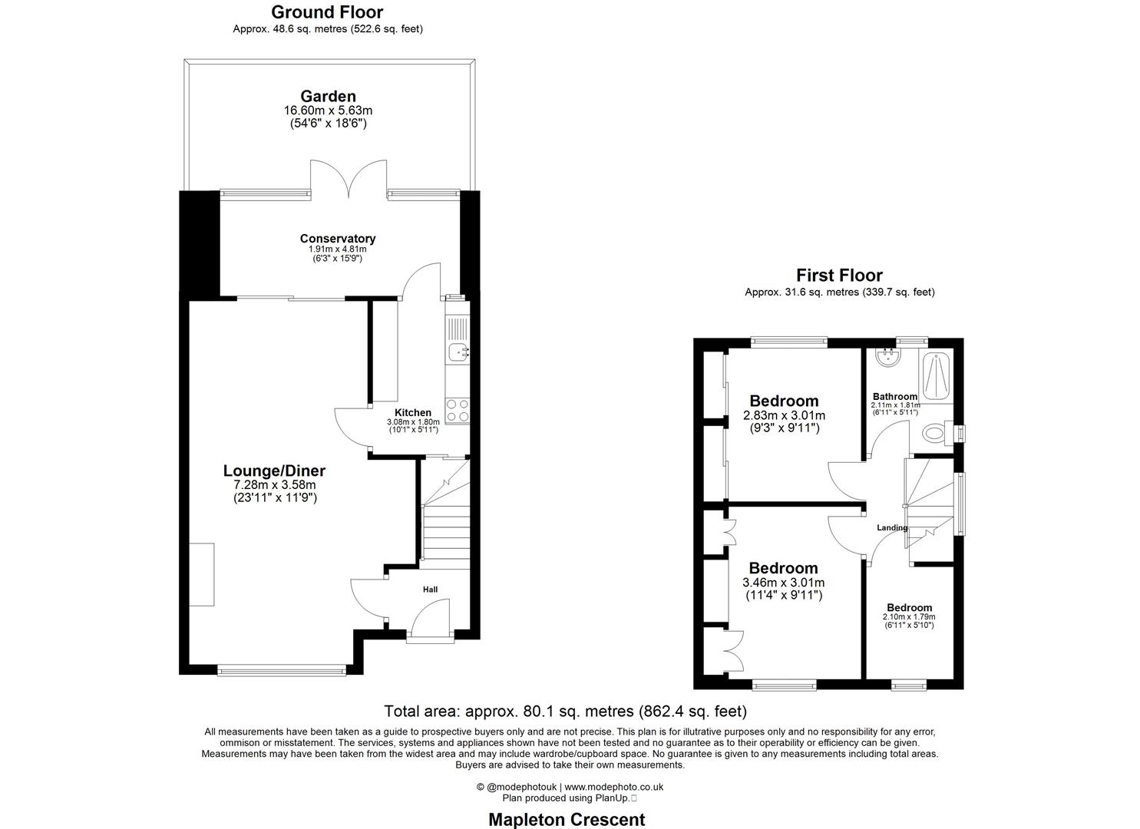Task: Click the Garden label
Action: point(328,96)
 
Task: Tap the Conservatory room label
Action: point(337,239)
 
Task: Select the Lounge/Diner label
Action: point(274,471)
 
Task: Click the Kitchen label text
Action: point(412,413)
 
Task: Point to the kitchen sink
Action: point(459,353)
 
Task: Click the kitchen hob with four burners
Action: point(458,410)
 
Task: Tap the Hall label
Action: point(430,590)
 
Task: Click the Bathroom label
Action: point(894,397)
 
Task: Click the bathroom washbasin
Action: point(888,358)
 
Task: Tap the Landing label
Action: point(892,527)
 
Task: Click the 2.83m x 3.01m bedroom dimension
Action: point(784,415)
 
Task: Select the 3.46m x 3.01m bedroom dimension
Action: point(783,583)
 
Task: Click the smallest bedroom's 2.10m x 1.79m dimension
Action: point(909,616)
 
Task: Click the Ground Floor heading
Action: point(327,12)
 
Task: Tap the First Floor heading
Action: point(839,275)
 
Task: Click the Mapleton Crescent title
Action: point(567,819)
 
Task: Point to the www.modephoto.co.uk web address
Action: point(614,787)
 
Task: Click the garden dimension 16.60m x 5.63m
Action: point(328,111)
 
